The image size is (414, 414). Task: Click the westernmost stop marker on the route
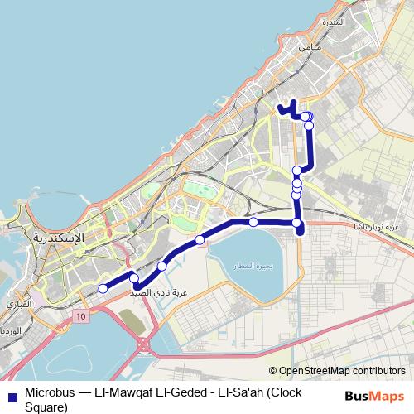[103, 288]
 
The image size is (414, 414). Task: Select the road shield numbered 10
[79, 316]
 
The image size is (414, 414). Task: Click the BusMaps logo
[374, 395]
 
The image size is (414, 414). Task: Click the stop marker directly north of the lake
[253, 221]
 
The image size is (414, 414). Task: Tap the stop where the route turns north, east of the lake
[296, 222]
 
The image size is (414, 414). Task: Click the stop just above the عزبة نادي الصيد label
[162, 266]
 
